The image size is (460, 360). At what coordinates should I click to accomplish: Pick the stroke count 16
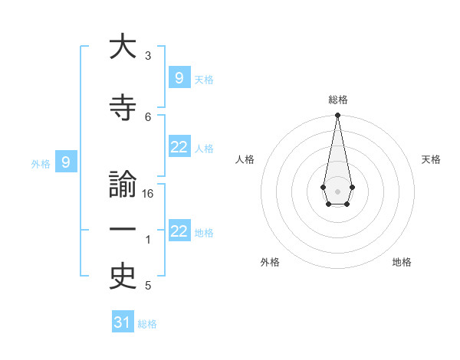(149, 194)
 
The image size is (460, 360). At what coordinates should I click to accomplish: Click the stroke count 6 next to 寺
(148, 116)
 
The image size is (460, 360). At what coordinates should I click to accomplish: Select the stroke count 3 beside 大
(148, 56)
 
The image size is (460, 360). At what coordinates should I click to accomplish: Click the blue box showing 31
(123, 322)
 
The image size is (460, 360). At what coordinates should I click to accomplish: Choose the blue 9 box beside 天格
(179, 77)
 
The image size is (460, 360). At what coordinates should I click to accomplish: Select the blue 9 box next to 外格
(66, 162)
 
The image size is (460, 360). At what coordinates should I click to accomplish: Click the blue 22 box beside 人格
(179, 147)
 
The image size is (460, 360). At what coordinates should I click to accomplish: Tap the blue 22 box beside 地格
(179, 231)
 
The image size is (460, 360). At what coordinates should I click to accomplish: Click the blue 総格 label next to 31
(147, 324)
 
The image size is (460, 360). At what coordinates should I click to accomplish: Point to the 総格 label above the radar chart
(337, 100)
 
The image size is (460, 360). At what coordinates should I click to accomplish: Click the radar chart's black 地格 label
(402, 262)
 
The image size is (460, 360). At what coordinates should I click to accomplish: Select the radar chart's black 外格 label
(270, 262)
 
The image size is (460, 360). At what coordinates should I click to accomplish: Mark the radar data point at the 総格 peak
(337, 116)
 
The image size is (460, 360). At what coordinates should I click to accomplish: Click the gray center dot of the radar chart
(337, 190)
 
